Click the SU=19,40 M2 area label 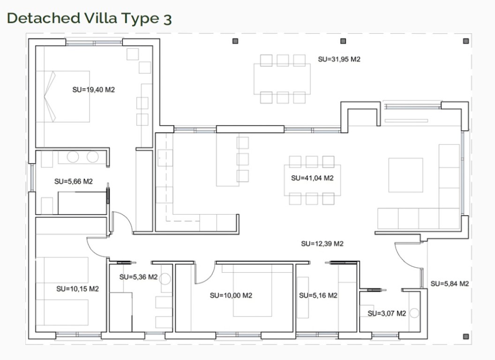coord(93,90)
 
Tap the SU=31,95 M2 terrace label coord(339,59)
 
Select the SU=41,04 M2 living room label coord(312,178)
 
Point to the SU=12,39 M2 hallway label coord(322,243)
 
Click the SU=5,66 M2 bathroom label coord(74,181)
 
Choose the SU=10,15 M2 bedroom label coord(78,289)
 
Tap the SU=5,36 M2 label coord(138,277)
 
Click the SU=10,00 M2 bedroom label coord(231,295)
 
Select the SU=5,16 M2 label coord(318,295)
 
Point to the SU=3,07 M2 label coord(387,313)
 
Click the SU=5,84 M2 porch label coord(450,284)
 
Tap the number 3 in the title coord(168,19)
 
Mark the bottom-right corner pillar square coord(465,337)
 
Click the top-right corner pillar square coord(465,41)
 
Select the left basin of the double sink coord(73,157)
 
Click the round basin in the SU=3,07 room coord(414,313)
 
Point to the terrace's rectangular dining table coord(282,79)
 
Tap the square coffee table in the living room coord(405,175)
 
